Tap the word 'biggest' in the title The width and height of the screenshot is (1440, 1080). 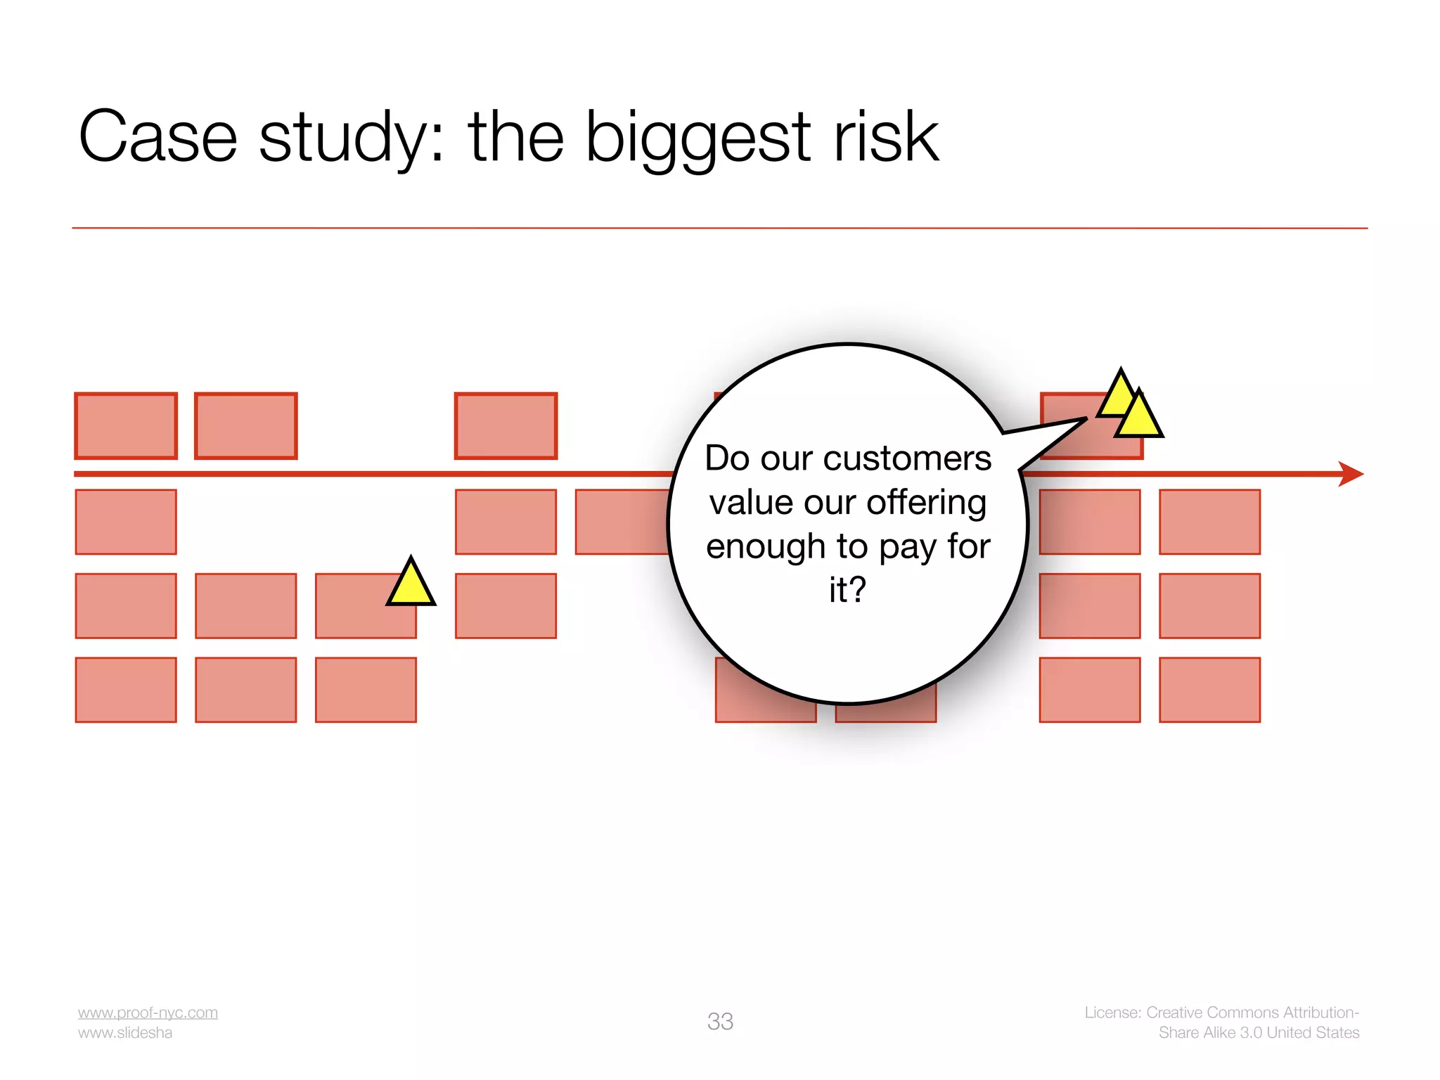click(697, 138)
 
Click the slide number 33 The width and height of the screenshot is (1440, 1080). click(720, 1021)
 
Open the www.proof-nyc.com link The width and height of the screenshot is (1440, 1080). click(148, 1012)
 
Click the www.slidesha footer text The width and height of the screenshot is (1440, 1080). click(125, 1033)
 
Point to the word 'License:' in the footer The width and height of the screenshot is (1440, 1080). click(1112, 1012)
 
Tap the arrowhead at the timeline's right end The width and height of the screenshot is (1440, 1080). click(1351, 474)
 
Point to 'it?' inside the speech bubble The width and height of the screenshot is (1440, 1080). click(847, 590)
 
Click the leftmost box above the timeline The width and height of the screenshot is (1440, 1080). click(126, 426)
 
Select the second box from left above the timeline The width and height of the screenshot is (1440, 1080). click(245, 426)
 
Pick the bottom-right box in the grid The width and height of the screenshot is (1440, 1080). click(1209, 690)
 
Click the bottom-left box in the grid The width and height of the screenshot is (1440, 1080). click(126, 690)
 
